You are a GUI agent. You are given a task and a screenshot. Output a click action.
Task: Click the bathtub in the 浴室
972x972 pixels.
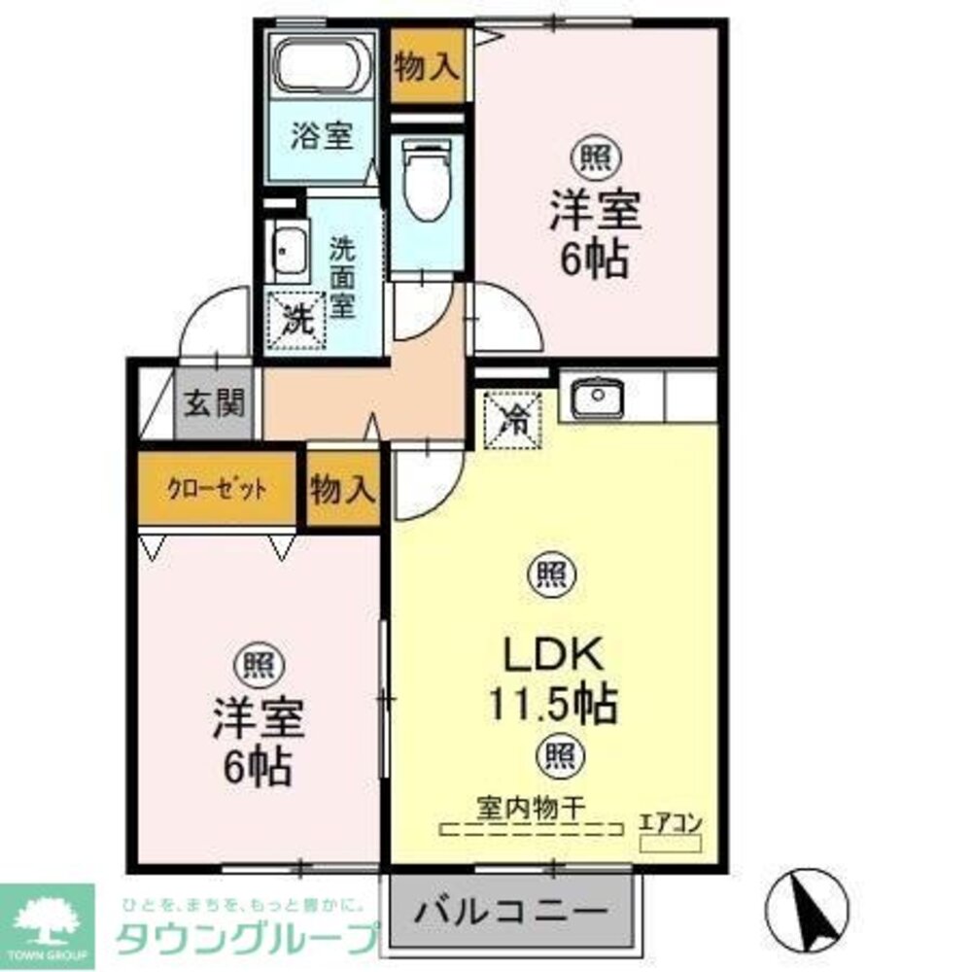click(323, 65)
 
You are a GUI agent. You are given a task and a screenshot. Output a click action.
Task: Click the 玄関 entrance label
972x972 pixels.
click(215, 402)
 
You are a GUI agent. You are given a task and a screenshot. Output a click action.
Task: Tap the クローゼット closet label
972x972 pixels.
click(217, 489)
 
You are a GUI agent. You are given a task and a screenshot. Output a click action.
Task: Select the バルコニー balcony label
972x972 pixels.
click(511, 914)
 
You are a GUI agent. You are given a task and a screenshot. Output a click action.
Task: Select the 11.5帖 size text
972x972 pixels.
click(553, 703)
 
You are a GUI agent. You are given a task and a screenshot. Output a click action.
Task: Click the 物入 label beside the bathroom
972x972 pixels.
click(426, 67)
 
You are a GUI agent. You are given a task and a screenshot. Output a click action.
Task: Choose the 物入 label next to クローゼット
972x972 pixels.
click(343, 490)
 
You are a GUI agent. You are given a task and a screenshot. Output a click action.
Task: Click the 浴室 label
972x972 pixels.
click(322, 136)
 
